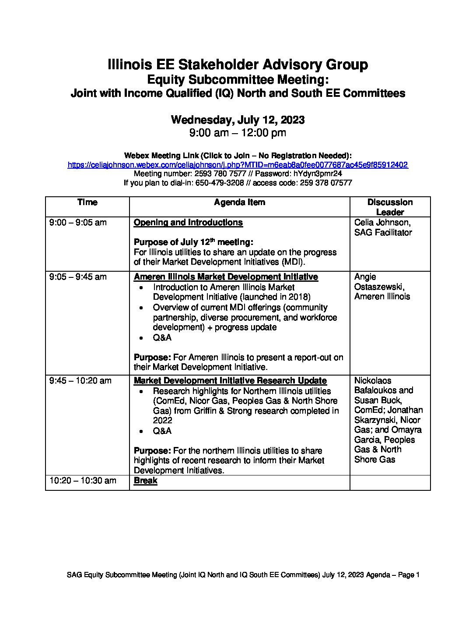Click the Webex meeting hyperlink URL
point(238,165)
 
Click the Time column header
point(87,202)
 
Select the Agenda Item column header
point(239,202)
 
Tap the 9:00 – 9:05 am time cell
point(78,223)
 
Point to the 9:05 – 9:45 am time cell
point(78,277)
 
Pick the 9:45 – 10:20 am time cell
point(80,381)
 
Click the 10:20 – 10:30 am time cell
point(83,481)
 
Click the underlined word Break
point(145,481)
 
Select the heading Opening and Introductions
point(188,223)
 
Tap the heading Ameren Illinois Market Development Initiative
point(226,277)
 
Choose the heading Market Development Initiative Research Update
point(230,381)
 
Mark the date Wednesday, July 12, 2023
point(238,120)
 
